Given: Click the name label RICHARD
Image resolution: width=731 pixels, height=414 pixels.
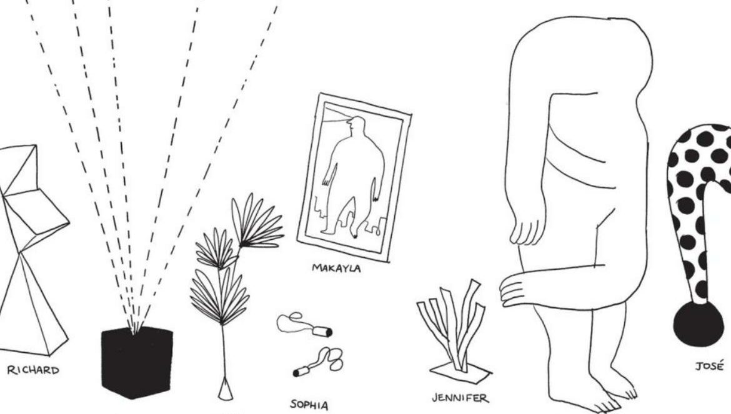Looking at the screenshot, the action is tap(33, 370).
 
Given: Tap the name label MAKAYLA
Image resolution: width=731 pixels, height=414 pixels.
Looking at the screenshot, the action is tap(336, 269).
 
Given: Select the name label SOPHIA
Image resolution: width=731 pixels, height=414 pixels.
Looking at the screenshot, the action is tap(309, 405).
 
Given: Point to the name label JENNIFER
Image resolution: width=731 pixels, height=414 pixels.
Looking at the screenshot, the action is tap(460, 398).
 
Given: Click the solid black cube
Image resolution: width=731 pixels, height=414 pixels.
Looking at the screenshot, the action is tap(137, 362).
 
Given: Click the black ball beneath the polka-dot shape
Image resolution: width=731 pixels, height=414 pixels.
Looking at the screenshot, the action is tap(699, 323).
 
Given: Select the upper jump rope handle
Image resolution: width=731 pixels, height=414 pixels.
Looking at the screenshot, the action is tap(322, 332).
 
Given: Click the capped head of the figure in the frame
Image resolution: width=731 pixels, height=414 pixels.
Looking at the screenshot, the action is tap(356, 124).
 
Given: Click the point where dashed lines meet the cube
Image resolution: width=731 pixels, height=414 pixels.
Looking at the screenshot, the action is tap(135, 332).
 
